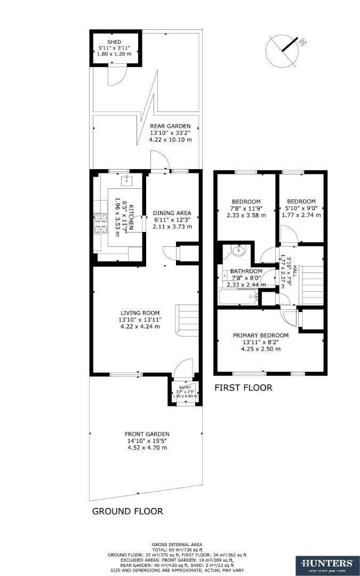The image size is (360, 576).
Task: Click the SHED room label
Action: [x=114, y=42]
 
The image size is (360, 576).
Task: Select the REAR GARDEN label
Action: [x=170, y=126]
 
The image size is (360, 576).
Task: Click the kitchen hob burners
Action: [x=99, y=223]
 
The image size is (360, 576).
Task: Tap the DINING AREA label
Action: [x=172, y=213]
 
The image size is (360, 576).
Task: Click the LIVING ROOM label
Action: [x=140, y=313]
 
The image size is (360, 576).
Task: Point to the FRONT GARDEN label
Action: [x=148, y=434]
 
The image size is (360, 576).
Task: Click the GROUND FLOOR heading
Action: [x=127, y=511]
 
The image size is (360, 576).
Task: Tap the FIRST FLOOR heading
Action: [x=243, y=388]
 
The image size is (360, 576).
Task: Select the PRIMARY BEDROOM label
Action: [x=260, y=335]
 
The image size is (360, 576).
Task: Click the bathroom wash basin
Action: [x=237, y=251]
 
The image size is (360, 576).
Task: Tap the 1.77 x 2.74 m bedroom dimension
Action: [x=301, y=215]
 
